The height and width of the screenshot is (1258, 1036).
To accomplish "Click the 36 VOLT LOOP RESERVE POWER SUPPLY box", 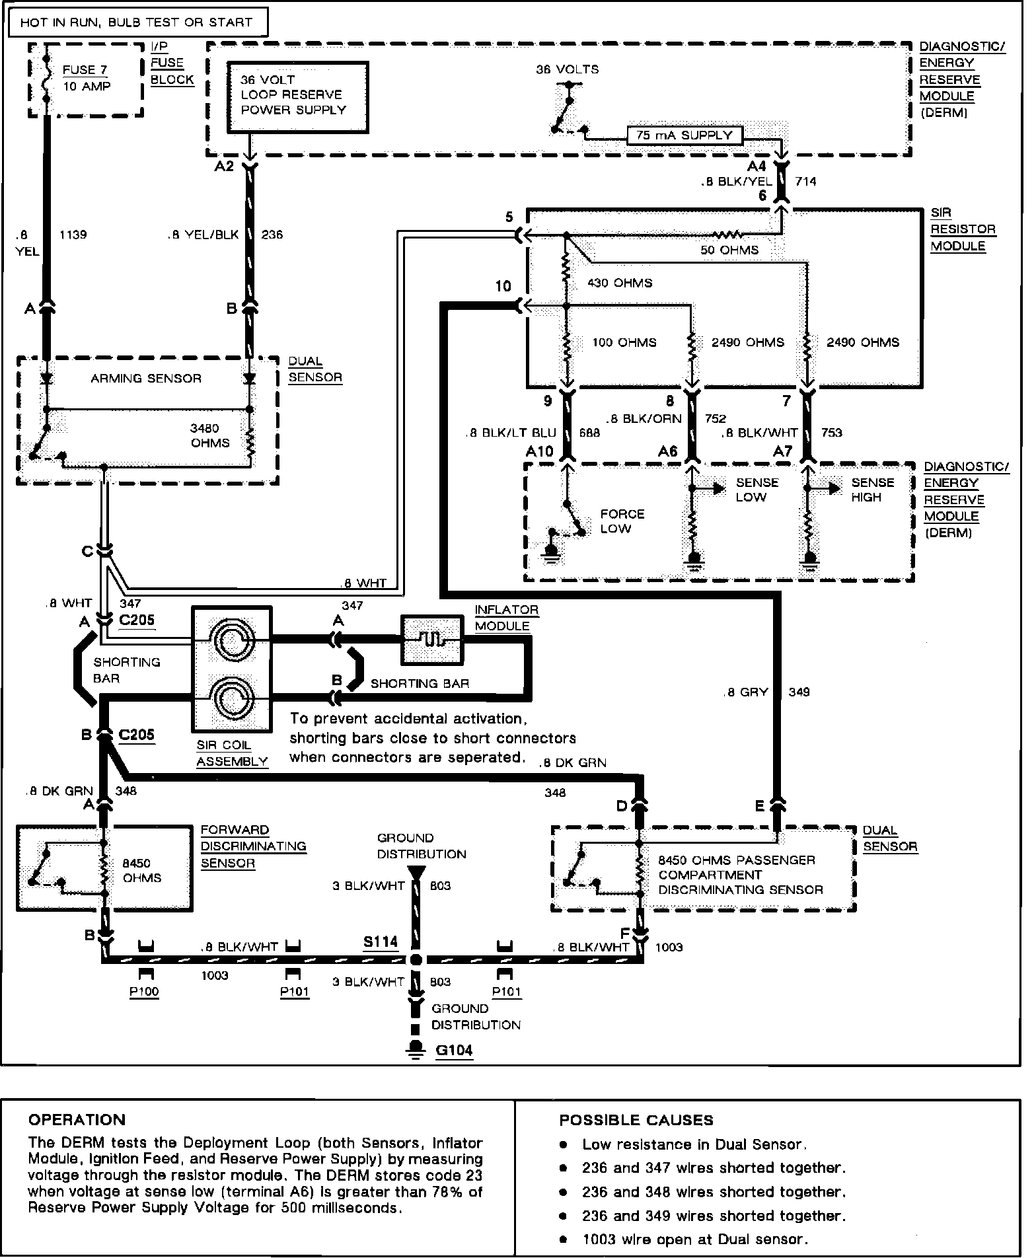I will [297, 97].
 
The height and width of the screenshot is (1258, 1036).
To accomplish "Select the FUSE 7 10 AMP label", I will [86, 78].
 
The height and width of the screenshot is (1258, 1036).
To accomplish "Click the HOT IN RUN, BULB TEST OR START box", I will [136, 22].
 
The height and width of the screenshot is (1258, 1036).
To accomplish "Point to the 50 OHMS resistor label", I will [729, 250].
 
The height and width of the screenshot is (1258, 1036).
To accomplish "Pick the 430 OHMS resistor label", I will [620, 283].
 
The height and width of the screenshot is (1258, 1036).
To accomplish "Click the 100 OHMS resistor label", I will [624, 342].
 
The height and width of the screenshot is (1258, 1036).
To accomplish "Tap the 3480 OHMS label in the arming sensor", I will [210, 435].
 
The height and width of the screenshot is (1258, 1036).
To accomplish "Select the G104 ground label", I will [454, 1050].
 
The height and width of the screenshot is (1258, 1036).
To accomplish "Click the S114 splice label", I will [381, 942].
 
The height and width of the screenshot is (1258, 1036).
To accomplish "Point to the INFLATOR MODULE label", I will [506, 617].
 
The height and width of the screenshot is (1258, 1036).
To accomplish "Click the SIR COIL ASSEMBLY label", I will [231, 753].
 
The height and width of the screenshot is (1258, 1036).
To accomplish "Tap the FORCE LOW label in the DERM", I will [622, 521].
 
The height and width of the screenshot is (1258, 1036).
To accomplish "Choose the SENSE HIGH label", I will [872, 490].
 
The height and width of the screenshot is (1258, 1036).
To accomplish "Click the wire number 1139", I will [73, 235].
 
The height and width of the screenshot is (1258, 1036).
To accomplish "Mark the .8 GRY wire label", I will [746, 692].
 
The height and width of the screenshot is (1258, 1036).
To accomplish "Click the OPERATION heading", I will [77, 1119].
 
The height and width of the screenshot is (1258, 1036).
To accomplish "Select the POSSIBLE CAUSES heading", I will [636, 1120].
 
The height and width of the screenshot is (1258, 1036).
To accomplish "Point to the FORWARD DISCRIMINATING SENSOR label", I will [253, 846].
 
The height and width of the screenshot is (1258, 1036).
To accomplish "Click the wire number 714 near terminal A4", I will [805, 181].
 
